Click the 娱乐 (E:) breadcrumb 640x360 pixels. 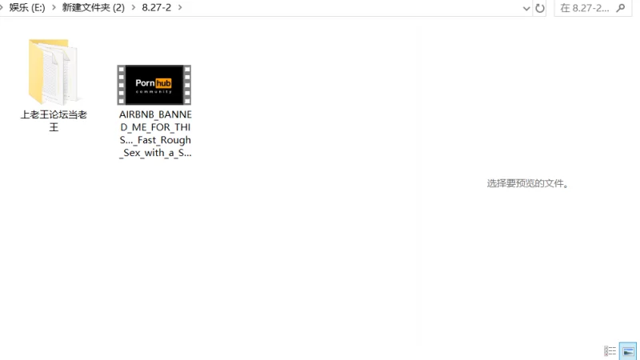(x=27, y=8)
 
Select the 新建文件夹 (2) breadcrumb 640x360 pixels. (x=93, y=8)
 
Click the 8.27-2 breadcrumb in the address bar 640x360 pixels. (x=156, y=8)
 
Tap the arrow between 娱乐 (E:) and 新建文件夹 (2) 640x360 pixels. (x=54, y=8)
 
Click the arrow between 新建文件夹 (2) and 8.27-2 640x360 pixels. (x=133, y=8)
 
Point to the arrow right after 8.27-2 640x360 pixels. (x=180, y=8)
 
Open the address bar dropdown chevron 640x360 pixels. (x=526, y=9)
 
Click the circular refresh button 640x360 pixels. (x=540, y=9)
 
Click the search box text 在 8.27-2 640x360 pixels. (x=584, y=9)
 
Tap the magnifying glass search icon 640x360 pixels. (x=622, y=8)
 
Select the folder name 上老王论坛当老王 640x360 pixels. (x=54, y=121)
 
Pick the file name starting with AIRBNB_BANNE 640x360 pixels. (x=155, y=134)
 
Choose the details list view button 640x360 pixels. (x=610, y=351)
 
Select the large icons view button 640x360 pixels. (x=628, y=351)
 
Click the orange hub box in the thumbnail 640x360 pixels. (x=163, y=83)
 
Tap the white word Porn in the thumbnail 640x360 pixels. (x=145, y=83)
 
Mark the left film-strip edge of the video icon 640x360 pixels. (x=122, y=85)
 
